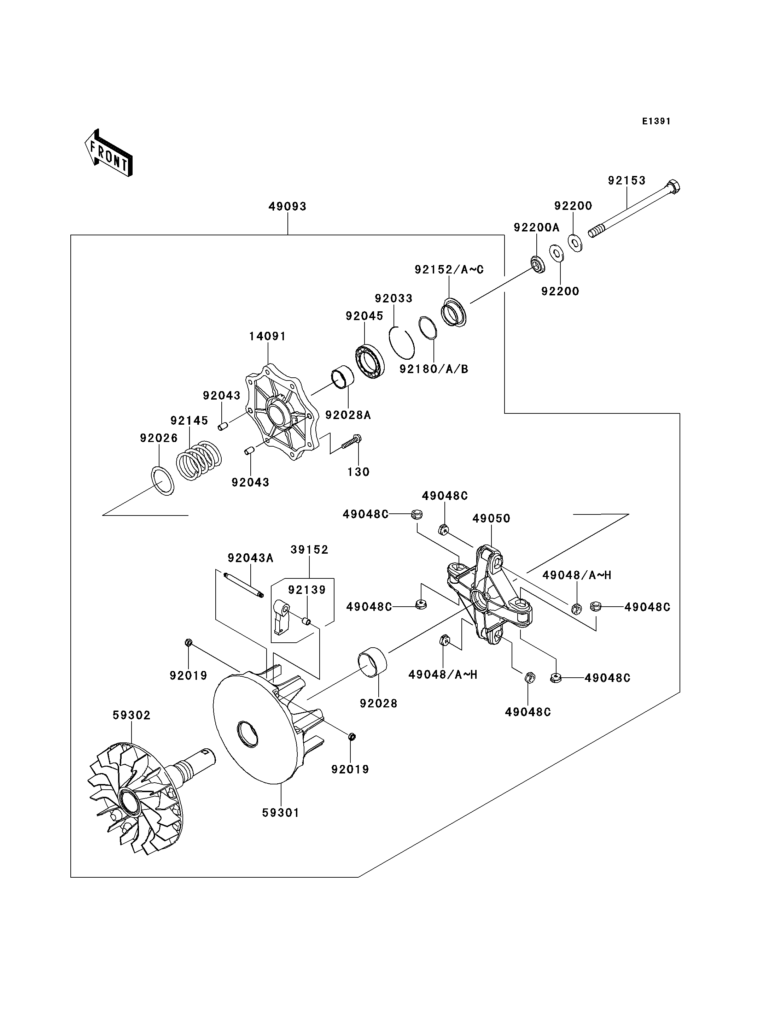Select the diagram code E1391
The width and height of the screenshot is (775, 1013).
point(656,121)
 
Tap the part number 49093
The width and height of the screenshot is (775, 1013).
point(287,207)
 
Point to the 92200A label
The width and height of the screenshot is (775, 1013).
point(536,227)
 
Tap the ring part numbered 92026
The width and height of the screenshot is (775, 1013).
point(162,481)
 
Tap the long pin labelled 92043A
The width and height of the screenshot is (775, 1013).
point(244,585)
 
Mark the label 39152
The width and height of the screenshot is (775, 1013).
point(309,550)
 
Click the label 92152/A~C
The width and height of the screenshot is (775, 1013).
point(449,270)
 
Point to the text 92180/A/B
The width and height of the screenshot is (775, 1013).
point(433,369)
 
